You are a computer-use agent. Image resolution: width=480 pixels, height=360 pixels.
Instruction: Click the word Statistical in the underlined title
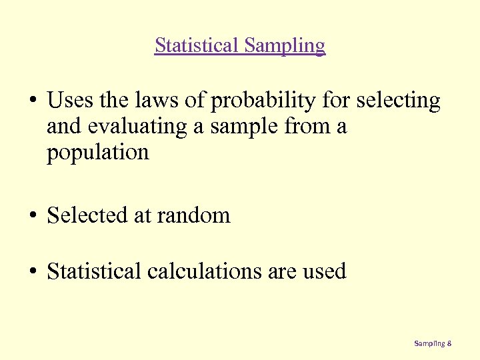(197, 45)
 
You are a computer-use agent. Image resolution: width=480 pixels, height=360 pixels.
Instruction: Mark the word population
(97, 153)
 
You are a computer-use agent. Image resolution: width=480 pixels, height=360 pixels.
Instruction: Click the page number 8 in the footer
(450, 343)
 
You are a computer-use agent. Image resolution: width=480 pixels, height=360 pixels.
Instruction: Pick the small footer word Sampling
(429, 343)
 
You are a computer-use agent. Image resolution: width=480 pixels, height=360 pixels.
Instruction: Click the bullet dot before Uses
(32, 101)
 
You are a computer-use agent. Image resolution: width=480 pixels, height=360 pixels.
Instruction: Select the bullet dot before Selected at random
(32, 216)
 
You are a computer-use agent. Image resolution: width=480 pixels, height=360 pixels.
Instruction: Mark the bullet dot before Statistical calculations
(32, 272)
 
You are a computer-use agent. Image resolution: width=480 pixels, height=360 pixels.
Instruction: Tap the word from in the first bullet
(308, 127)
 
